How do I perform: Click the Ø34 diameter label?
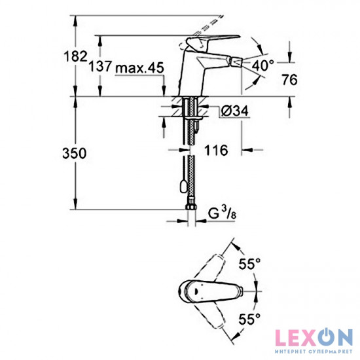[x=233, y=111]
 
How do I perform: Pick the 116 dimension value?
[x=215, y=151]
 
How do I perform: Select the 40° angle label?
[x=263, y=65]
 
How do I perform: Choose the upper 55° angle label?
[x=248, y=264]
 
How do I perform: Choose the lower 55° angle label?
[x=248, y=319]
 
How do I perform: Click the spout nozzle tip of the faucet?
[x=230, y=64]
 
